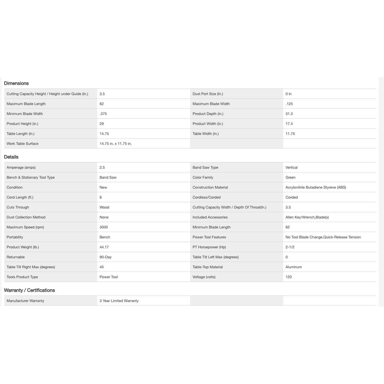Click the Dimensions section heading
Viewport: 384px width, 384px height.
(x=16, y=83)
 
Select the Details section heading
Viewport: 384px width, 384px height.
(x=11, y=157)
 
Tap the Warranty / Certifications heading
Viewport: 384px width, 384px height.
(x=29, y=290)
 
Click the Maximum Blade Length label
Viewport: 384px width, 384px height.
(x=26, y=104)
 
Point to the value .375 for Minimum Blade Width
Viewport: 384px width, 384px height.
(x=103, y=114)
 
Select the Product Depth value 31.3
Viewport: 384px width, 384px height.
(x=289, y=114)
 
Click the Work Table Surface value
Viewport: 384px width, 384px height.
(x=116, y=144)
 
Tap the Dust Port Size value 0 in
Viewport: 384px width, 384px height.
(x=288, y=94)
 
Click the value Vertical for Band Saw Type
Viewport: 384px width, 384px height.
(x=292, y=167)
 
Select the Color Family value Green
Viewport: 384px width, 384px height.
(x=290, y=177)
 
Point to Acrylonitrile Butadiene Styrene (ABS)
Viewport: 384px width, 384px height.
(x=316, y=187)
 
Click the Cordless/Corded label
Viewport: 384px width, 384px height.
(x=206, y=197)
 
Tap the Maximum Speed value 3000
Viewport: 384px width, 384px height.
(x=104, y=227)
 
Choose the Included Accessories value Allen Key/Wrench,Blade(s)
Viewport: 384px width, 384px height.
(x=307, y=217)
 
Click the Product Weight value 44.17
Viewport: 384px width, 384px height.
(x=104, y=247)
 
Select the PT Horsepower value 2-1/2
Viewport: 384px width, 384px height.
(x=290, y=247)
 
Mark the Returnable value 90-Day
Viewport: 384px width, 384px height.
(x=106, y=257)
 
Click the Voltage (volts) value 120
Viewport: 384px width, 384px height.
(x=289, y=277)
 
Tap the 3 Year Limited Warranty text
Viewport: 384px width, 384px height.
(x=119, y=301)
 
